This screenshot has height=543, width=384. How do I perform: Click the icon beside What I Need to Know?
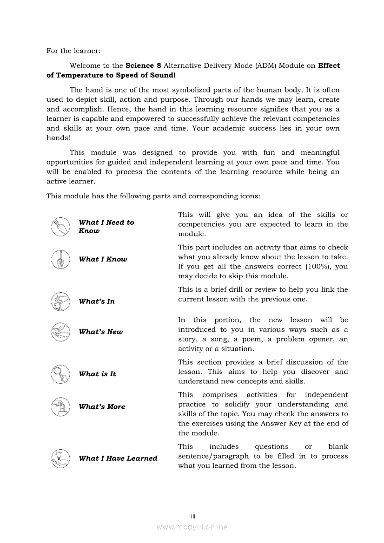click(x=60, y=227)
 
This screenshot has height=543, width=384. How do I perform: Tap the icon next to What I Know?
click(x=60, y=259)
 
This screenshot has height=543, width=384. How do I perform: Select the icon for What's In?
click(x=60, y=301)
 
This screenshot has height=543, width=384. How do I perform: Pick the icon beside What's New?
click(x=60, y=332)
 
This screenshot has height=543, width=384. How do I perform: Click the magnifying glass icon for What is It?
click(x=60, y=373)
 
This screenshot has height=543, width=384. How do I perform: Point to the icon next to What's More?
click(x=60, y=406)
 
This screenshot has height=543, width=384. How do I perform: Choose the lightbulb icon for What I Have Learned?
click(x=60, y=458)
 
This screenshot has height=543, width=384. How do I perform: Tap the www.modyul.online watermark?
click(x=192, y=527)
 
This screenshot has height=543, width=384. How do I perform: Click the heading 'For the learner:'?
click(x=73, y=51)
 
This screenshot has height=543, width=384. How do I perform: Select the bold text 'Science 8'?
click(x=143, y=65)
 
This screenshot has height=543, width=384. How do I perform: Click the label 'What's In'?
click(x=97, y=301)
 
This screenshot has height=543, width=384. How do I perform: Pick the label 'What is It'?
click(x=97, y=374)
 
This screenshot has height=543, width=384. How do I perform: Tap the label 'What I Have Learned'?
click(x=118, y=458)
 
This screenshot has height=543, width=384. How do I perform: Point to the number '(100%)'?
click(x=318, y=267)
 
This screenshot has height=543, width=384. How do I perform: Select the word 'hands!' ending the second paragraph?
click(x=58, y=138)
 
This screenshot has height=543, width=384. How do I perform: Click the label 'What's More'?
click(x=102, y=407)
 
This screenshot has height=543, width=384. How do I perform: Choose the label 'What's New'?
click(x=101, y=332)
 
